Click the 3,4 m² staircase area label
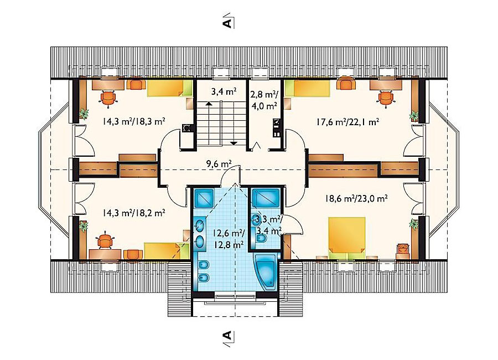click(x=224, y=92)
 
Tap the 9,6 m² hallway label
click(x=219, y=164)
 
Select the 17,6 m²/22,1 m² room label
click(x=348, y=122)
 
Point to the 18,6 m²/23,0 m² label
click(x=356, y=199)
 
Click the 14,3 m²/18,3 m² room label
click(x=134, y=121)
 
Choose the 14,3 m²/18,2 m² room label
click(x=134, y=213)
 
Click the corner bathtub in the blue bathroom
click(x=266, y=271)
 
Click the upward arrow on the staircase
click(x=209, y=105)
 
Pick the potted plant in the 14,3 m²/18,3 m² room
click(x=84, y=113)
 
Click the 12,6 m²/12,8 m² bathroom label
click(x=229, y=239)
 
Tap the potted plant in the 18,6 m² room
click(x=414, y=224)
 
